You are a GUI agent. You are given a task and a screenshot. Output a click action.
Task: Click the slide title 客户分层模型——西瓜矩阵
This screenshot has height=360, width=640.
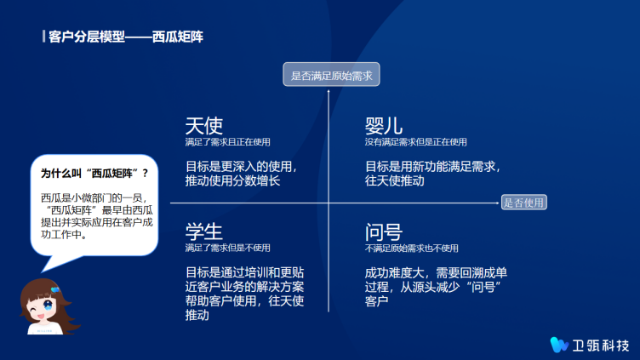click(126, 37)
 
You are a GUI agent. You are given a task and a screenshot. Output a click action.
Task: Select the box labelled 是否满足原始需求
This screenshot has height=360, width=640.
click(331, 74)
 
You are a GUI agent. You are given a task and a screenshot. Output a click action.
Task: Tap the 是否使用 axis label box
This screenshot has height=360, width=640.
click(523, 203)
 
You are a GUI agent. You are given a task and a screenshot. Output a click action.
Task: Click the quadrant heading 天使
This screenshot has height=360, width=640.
click(204, 126)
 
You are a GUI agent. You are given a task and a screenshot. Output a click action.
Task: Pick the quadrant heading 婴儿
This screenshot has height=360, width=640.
click(384, 126)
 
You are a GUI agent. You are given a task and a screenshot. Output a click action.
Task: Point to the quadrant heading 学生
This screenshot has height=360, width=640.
click(204, 231)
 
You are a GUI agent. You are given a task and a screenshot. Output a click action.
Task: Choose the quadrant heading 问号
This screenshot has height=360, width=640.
click(384, 231)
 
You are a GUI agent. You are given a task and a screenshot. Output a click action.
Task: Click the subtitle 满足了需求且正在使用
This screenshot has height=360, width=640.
click(228, 142)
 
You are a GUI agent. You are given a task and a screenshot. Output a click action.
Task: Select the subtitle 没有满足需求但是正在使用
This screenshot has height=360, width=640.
click(415, 142)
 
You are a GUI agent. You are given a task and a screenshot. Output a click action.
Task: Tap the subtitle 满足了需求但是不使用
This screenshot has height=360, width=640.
click(228, 248)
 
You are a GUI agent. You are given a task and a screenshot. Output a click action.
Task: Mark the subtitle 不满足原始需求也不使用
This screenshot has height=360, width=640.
click(411, 249)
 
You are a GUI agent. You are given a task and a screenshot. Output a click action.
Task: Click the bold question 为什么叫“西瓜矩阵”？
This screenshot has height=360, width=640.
click(94, 174)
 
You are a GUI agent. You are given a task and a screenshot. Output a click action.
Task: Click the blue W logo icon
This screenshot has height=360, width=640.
click(559, 345)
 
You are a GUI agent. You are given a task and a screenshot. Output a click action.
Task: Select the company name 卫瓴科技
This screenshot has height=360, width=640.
click(600, 346)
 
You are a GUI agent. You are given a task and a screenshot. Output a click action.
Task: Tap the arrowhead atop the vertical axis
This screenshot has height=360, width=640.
click(329, 91)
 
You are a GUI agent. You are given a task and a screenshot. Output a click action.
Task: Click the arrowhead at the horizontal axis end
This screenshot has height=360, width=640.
click(497, 203)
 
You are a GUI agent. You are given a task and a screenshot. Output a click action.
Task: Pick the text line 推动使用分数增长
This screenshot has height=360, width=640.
click(232, 180)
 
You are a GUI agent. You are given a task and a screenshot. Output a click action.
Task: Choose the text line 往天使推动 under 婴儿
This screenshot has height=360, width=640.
click(394, 180)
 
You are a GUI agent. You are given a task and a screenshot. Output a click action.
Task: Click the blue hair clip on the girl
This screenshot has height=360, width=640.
click(55, 289)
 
